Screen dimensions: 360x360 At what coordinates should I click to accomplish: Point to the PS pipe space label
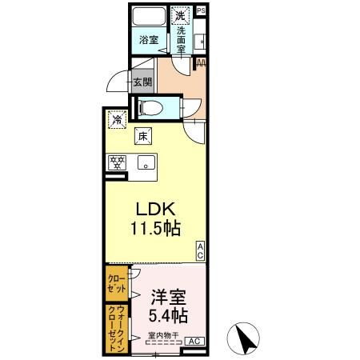tap(200, 10)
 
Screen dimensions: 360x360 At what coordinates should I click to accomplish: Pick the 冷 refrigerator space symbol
tap(118, 121)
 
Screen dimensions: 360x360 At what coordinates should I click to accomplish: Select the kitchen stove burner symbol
tap(118, 163)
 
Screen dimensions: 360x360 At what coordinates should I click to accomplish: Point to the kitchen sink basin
tap(146, 163)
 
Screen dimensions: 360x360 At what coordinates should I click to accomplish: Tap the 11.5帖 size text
tap(155, 228)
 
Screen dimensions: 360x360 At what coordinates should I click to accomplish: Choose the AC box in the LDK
tap(200, 250)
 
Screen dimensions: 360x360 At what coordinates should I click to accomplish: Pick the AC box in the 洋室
tap(193, 342)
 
